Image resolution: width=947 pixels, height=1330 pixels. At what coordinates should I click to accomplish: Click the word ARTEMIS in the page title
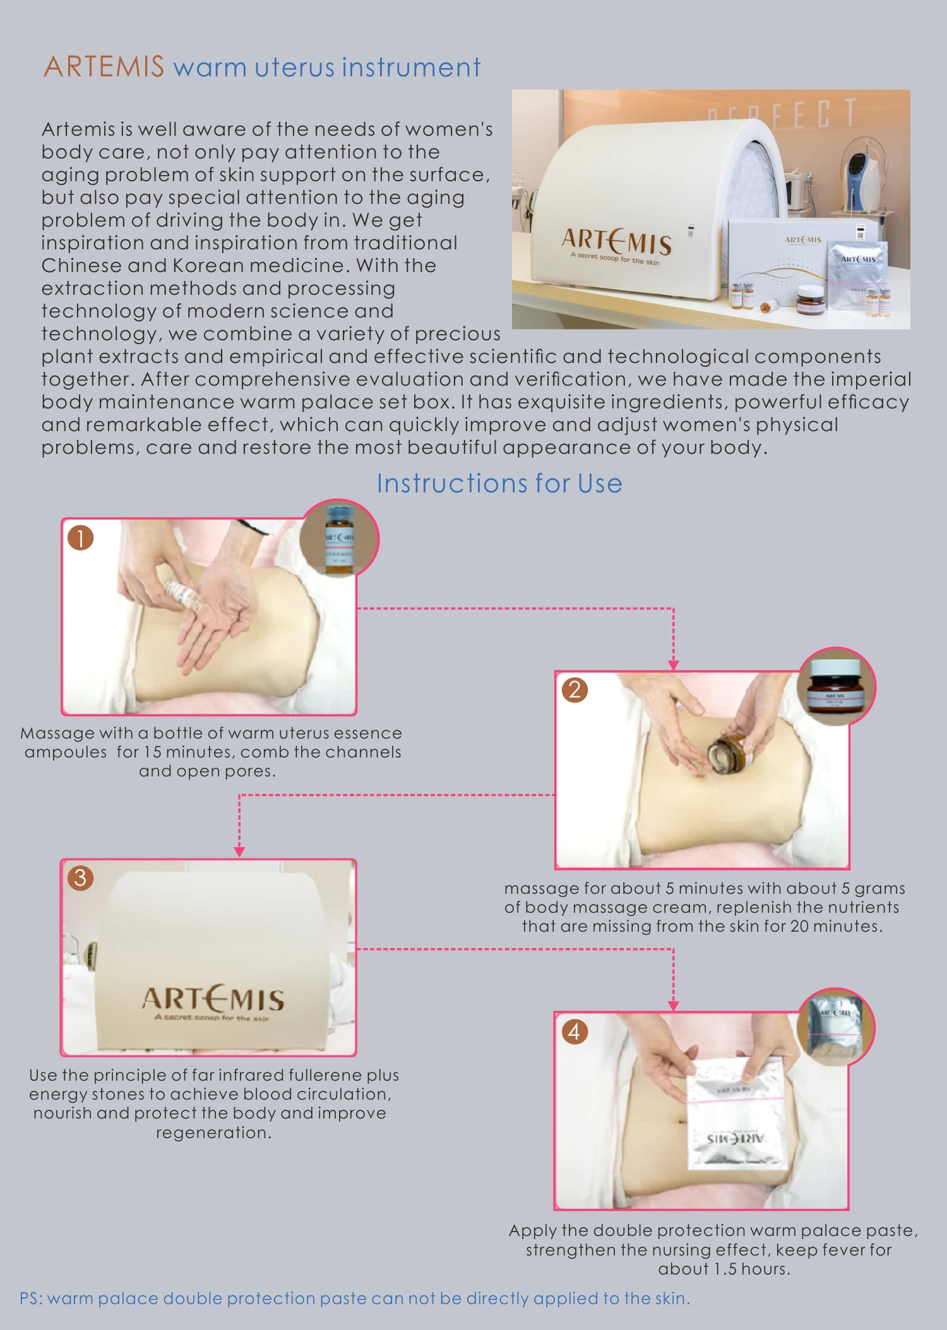[104, 67]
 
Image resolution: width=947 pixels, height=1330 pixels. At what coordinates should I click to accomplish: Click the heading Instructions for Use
[499, 484]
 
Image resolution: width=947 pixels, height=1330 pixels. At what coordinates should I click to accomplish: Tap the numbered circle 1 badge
[81, 538]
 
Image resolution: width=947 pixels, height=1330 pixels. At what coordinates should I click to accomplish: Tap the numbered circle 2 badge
[575, 689]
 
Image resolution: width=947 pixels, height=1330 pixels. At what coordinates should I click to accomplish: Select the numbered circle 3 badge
[81, 877]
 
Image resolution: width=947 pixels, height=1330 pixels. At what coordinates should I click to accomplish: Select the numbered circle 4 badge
[575, 1031]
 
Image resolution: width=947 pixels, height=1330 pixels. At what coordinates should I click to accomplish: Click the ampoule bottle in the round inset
[339, 540]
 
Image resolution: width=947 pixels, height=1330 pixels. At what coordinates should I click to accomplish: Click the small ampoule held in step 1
[182, 594]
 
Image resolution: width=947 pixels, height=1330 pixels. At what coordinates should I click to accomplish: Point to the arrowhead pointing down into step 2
[674, 665]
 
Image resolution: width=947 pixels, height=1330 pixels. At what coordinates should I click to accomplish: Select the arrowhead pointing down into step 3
[239, 852]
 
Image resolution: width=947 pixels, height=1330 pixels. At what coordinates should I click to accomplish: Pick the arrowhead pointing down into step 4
[674, 1006]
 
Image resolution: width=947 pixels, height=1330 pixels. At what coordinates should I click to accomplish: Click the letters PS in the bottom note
[30, 1298]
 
